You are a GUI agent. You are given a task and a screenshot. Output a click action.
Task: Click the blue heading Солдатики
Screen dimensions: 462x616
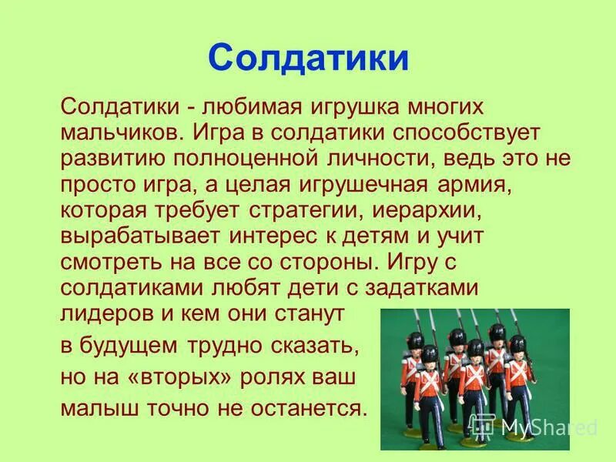308,58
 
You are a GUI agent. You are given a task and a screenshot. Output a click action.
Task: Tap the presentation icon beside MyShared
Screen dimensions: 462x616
484,425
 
